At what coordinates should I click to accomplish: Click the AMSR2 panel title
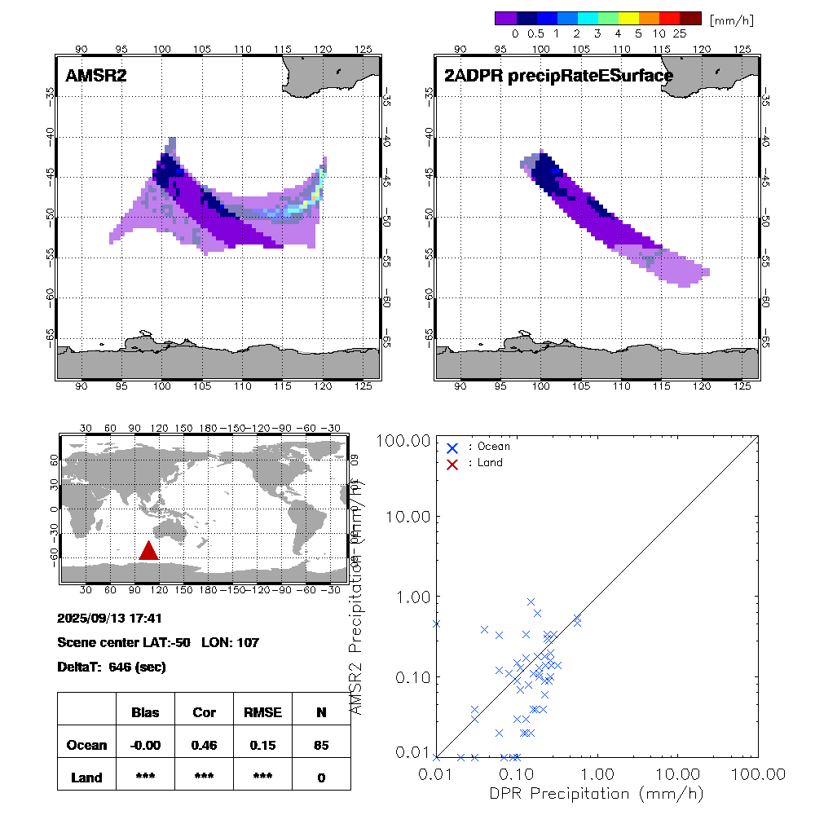[96, 76]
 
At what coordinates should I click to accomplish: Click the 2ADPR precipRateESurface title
[558, 76]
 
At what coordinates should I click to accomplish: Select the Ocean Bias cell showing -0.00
[145, 745]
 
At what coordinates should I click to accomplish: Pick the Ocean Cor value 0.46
[204, 745]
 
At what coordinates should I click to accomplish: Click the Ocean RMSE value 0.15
[262, 745]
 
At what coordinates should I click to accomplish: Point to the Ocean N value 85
[321, 745]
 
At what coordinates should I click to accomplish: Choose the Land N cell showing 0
[321, 778]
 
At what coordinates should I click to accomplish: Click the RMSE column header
[262, 712]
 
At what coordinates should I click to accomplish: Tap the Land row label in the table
[86, 778]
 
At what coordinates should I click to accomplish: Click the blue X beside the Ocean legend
[453, 447]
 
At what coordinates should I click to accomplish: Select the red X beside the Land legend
[453, 463]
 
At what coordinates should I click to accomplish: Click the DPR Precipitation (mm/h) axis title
[596, 794]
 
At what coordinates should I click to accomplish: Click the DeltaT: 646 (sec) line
[112, 667]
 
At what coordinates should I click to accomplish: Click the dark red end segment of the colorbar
[690, 18]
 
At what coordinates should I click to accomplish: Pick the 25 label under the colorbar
[680, 34]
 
